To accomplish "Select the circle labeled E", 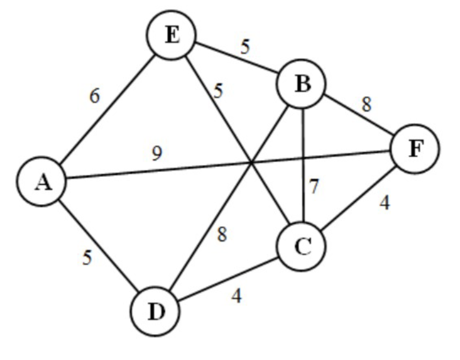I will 172,35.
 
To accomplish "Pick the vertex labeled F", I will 415,149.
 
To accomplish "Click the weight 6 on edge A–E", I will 94,96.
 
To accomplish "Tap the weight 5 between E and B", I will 245,47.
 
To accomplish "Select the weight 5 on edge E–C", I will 218,91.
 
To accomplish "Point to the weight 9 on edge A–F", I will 157,153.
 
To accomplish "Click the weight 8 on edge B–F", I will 367,104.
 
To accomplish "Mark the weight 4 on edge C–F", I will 384,202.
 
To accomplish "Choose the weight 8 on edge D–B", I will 222,234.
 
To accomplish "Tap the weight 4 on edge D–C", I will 237,296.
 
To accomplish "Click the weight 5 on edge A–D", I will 88,257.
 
